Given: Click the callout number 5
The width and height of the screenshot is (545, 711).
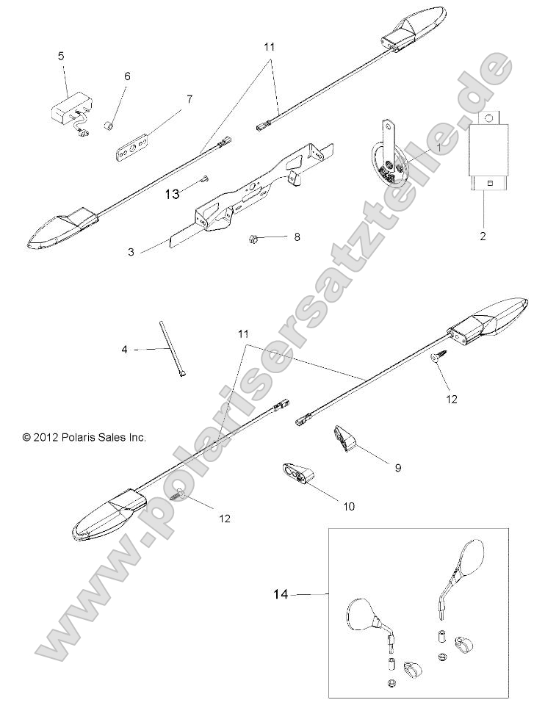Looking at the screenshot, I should pos(61,55).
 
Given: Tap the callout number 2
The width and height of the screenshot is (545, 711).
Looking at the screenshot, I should pos(483,238).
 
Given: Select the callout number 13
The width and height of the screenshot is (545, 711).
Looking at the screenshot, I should pos(172,194).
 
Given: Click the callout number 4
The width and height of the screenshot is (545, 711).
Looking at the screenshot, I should pos(125,350).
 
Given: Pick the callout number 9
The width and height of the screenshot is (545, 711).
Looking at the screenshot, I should pos(397,467).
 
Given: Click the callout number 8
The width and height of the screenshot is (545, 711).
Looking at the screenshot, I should pos(297,237).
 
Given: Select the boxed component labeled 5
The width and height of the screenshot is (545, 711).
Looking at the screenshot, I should pos(69,111).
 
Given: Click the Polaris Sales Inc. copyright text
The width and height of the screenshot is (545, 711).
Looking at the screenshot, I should pos(84,436).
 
